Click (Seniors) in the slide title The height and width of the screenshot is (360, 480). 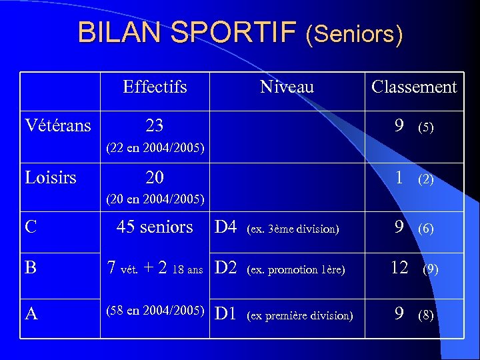(x=354, y=34)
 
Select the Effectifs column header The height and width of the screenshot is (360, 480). (x=155, y=87)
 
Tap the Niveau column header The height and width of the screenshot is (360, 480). (x=287, y=87)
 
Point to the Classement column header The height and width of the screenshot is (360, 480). (x=414, y=87)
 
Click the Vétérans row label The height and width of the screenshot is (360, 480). (x=58, y=125)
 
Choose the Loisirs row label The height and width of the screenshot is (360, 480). (x=51, y=177)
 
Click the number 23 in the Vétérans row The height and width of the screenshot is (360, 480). (x=155, y=125)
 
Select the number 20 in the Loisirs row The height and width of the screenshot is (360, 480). (x=155, y=177)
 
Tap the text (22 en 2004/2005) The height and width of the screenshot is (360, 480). (x=155, y=147)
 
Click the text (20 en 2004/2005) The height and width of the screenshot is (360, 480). (x=155, y=199)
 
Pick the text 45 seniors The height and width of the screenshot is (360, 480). (x=155, y=227)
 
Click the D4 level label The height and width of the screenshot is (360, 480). (x=226, y=228)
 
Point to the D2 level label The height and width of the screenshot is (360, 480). (x=226, y=268)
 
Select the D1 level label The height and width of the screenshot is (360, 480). (x=226, y=314)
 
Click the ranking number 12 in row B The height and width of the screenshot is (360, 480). (x=399, y=268)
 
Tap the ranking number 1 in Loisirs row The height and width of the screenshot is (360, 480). (x=399, y=177)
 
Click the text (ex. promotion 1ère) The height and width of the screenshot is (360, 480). (x=295, y=270)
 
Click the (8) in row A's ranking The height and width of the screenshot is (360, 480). (x=425, y=315)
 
